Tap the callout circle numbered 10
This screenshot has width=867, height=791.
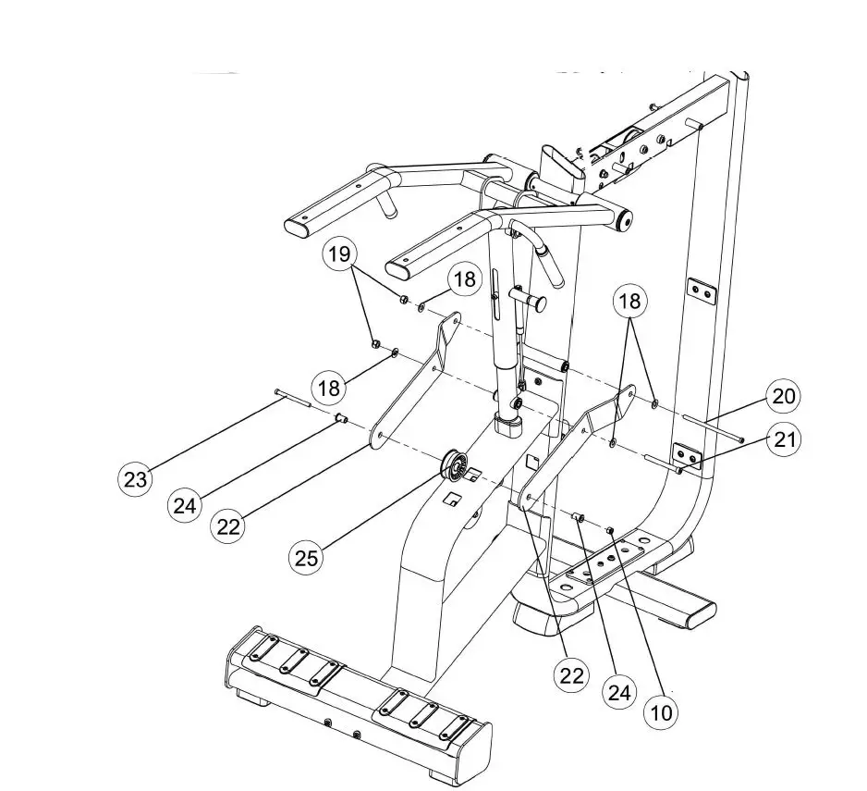coord(662,711)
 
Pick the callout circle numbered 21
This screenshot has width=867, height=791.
coord(785,440)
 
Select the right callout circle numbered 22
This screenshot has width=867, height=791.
coord(572,675)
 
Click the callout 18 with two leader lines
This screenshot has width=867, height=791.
coord(632,301)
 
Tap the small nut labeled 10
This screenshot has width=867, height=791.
coord(611,530)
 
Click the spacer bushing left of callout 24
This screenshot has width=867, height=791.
coord(340,419)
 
